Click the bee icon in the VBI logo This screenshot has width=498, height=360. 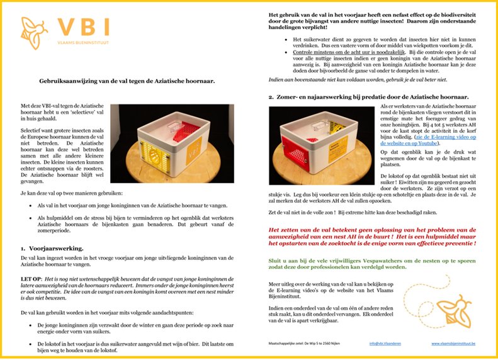(33, 31)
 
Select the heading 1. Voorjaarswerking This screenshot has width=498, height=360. (58, 249)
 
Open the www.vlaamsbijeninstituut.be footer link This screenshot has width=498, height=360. (453, 343)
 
